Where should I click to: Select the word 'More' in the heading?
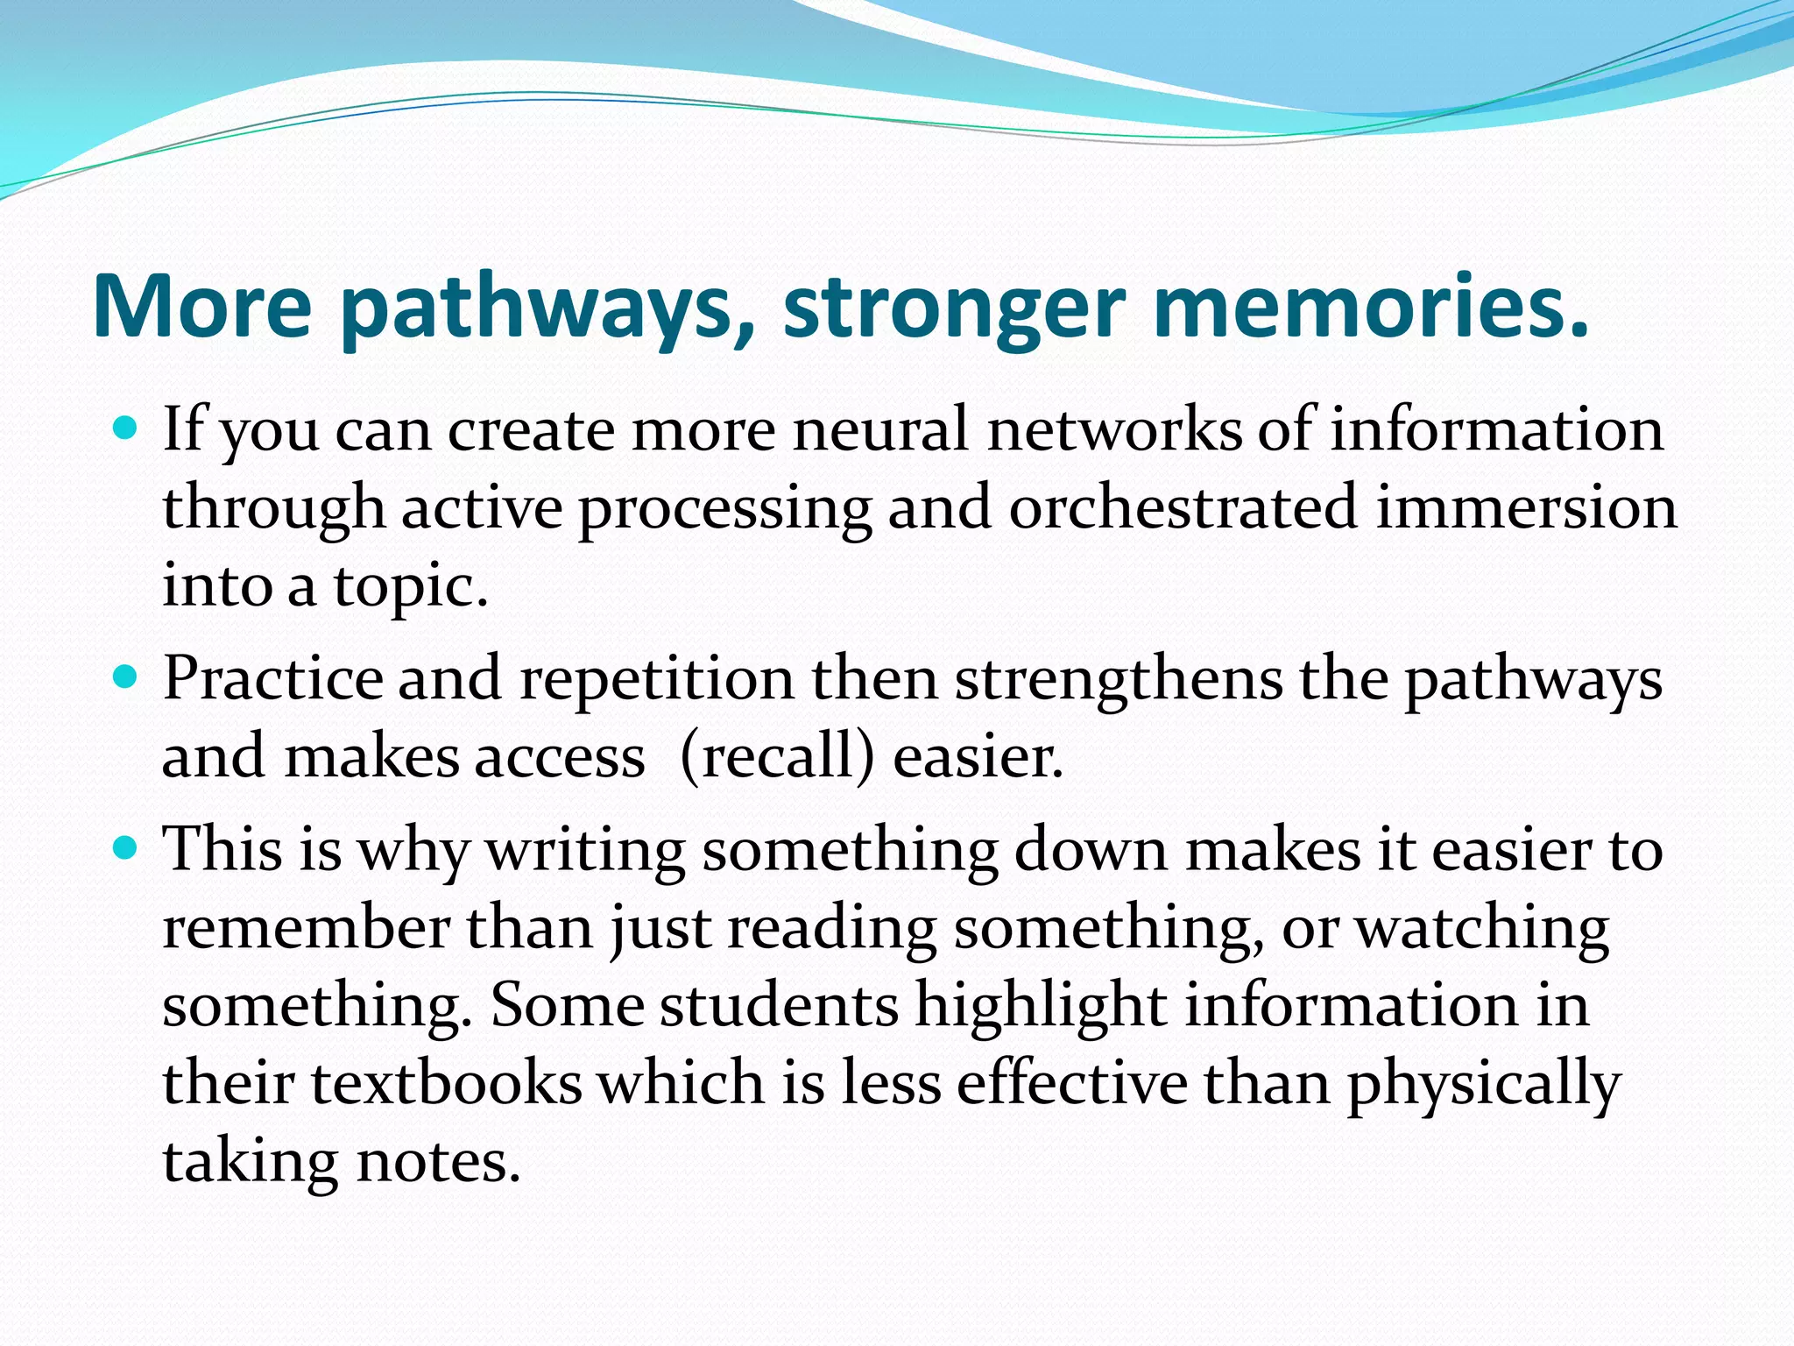[201, 307]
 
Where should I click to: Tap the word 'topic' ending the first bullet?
[410, 586]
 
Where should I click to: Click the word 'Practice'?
[272, 679]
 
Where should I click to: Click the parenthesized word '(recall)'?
[777, 756]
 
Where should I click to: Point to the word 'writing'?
[585, 849]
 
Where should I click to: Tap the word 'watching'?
[1482, 927]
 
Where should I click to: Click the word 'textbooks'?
[447, 1083]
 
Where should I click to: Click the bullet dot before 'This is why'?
[127, 847]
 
